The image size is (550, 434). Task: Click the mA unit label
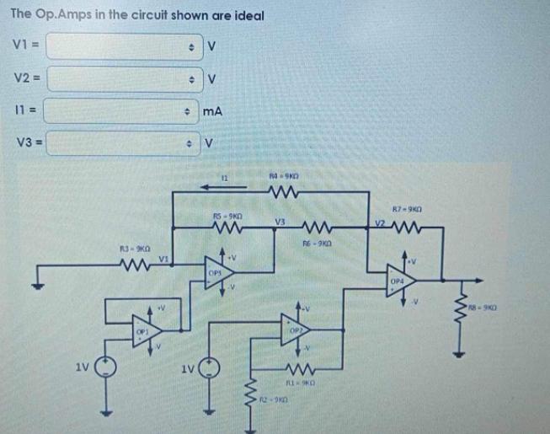point(211,110)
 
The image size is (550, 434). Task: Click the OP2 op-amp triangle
point(296,330)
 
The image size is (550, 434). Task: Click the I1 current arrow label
point(225,178)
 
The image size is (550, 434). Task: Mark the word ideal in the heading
point(247,15)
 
